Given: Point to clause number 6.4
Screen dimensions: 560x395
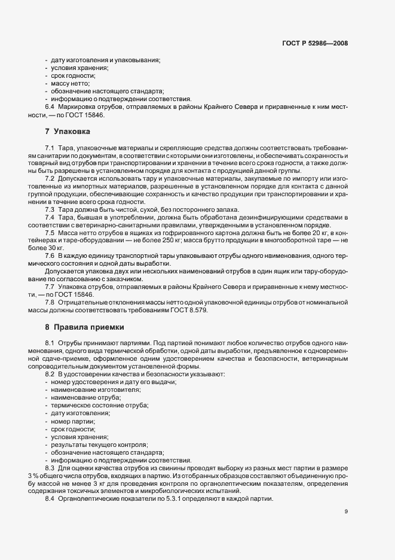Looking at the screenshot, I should coord(50,106).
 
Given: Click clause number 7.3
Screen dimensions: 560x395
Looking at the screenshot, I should coord(50,209).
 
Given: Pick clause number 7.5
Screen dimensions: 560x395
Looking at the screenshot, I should coord(50,232).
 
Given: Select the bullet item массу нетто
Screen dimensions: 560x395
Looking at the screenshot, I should coord(70,83).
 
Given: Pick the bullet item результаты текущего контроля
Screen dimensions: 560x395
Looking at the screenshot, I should coord(99,445).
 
